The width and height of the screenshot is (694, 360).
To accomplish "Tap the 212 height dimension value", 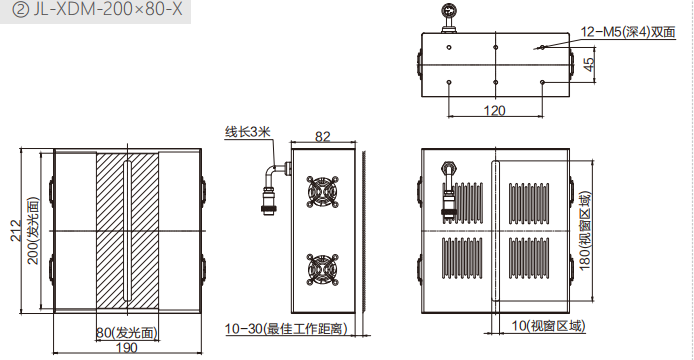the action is [x=16, y=230].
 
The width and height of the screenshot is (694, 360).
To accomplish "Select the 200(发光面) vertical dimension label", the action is [x=34, y=231].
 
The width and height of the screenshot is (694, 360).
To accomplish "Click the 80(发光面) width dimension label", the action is [x=127, y=333].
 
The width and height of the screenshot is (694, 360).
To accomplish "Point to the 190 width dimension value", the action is [x=127, y=348].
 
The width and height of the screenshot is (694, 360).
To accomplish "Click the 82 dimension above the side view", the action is [x=323, y=136].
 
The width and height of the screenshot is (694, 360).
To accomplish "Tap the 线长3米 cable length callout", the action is [x=247, y=132].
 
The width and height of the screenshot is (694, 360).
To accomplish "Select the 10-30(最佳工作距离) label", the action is [x=286, y=329].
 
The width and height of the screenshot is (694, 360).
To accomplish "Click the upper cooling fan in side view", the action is [x=322, y=191].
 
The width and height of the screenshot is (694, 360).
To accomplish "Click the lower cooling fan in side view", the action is [x=322, y=269].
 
